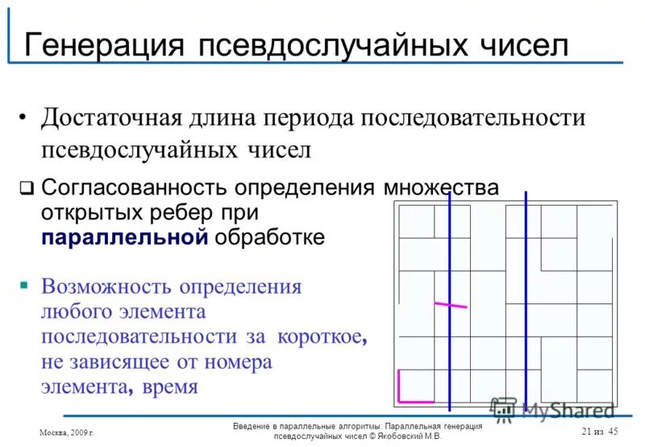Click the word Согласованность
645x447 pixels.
[x=135, y=189]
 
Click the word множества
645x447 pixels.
[x=440, y=189]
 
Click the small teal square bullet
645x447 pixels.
[x=25, y=285]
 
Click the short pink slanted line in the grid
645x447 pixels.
[x=450, y=305]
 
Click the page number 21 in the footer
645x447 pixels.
[x=586, y=432]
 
